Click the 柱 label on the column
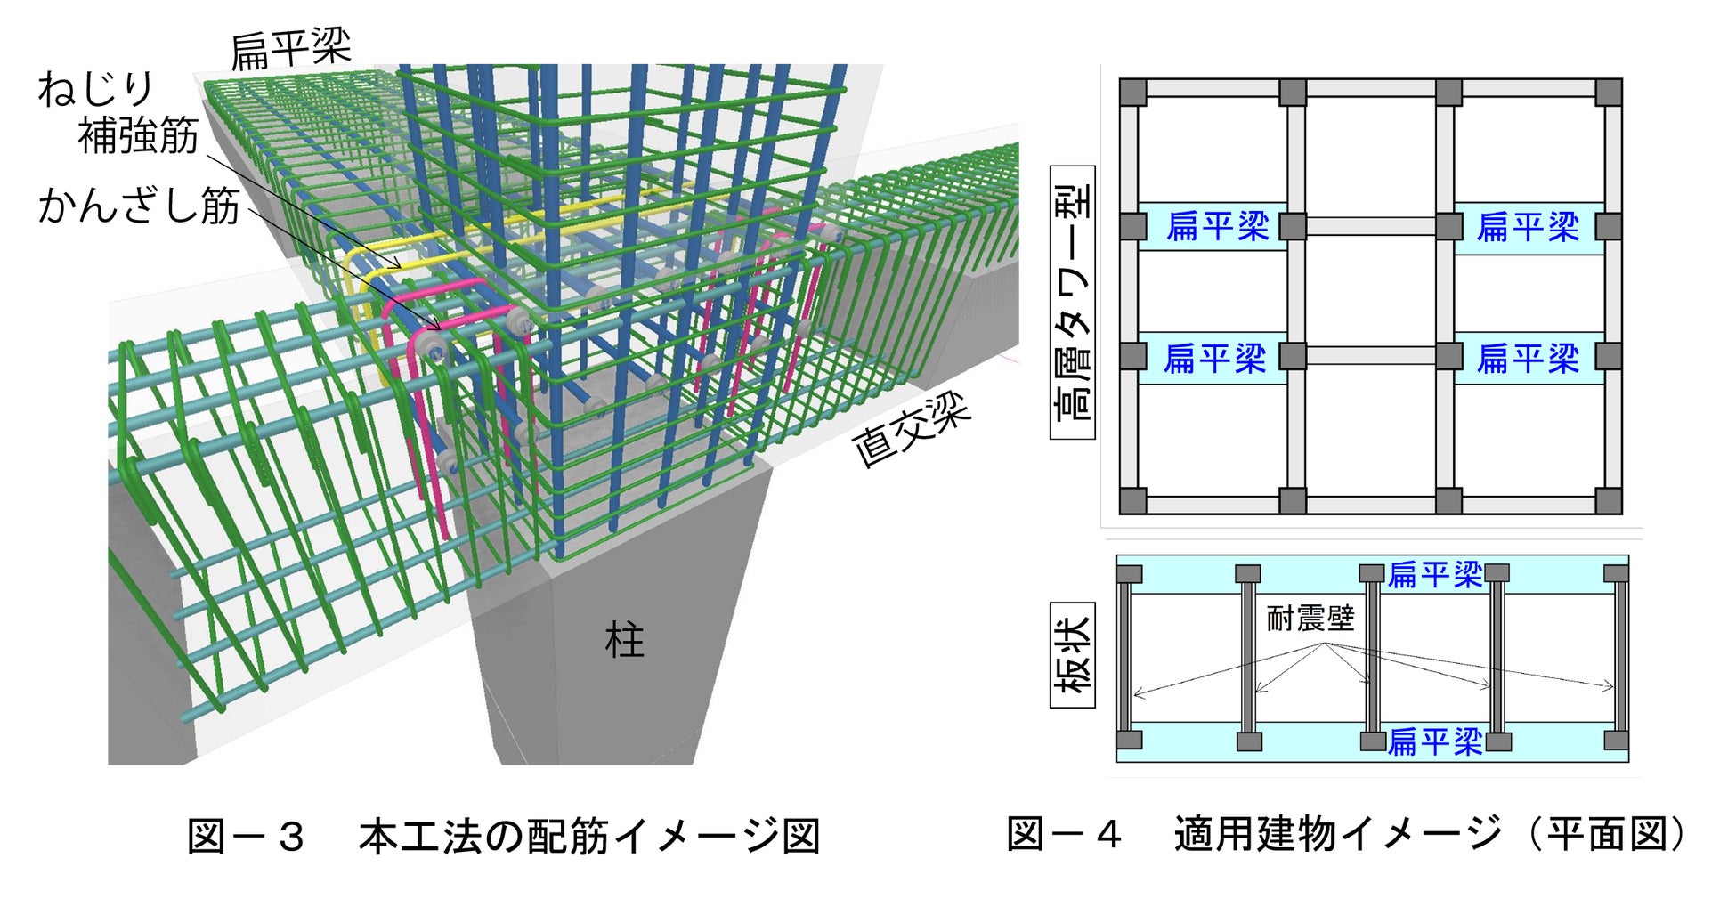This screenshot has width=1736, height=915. tap(624, 641)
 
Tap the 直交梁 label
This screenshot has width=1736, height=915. tap(911, 430)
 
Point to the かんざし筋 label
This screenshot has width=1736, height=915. tap(139, 206)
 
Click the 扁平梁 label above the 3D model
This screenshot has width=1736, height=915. tap(291, 49)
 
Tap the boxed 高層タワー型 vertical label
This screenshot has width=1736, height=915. tap(1073, 302)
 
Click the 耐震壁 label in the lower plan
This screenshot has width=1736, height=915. tap(1310, 618)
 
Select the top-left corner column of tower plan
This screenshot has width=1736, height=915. tap(1132, 93)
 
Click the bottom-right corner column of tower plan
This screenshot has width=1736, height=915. tap(1608, 500)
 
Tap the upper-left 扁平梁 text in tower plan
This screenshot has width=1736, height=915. tap(1217, 226)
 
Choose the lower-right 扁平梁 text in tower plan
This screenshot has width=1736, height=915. tap(1528, 358)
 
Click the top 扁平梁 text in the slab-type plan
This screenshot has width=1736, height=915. tap(1434, 574)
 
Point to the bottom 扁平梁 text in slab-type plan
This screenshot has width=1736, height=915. tap(1434, 741)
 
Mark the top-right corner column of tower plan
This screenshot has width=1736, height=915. tap(1608, 93)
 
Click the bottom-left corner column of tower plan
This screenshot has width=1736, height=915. tap(1132, 500)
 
